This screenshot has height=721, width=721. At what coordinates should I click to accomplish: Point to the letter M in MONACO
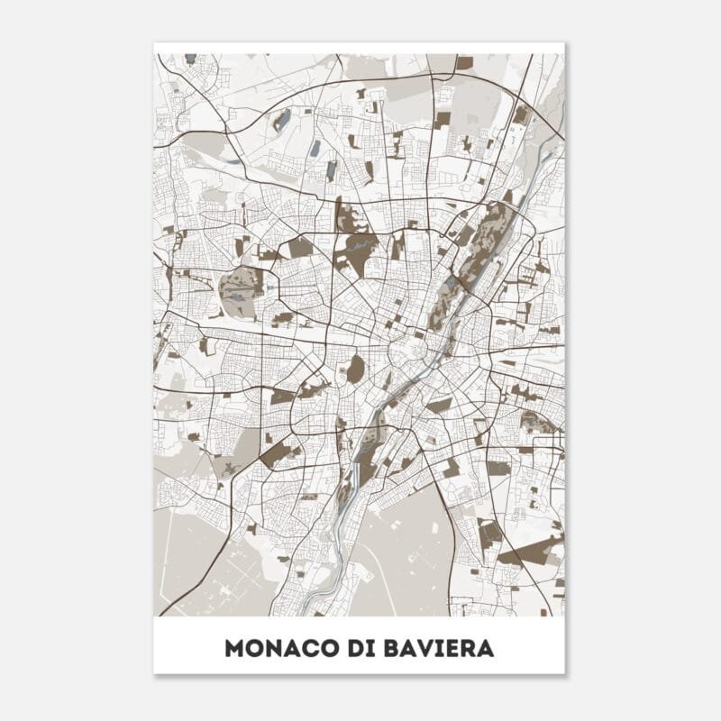point(235,649)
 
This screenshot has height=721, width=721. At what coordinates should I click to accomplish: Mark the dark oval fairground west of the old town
point(356,368)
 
